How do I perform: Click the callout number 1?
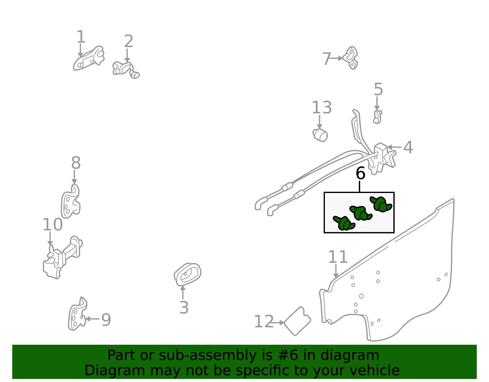point(81,37)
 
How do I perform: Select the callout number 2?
point(129,41)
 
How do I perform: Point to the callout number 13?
point(322,107)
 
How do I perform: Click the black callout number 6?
point(361,173)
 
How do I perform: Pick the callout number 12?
point(263,321)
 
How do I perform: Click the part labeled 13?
point(320,135)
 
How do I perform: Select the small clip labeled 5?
point(377,117)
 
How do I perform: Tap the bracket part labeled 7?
point(351,58)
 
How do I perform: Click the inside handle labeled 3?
point(187,274)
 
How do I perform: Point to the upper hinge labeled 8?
point(70,201)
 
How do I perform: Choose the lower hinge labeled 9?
point(77,314)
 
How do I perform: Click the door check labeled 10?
point(62,257)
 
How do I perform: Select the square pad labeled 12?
point(297,321)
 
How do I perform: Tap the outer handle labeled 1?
point(89,58)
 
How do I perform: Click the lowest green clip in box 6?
point(344,223)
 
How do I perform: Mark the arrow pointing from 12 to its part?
point(277,323)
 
